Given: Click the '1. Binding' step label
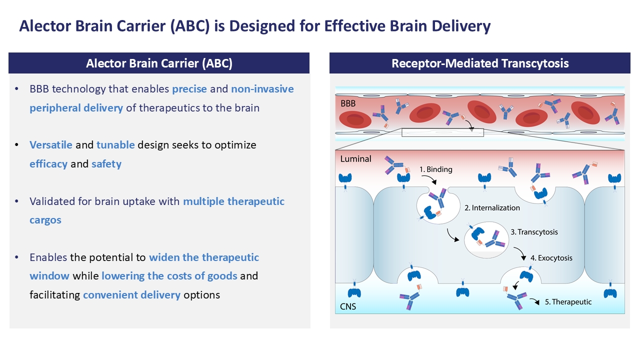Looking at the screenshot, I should click(436, 169).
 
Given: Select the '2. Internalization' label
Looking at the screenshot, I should click(492, 207).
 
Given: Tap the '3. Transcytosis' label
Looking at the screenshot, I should click(534, 232).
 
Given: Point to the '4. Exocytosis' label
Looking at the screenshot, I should click(551, 258).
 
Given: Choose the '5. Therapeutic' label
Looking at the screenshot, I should click(568, 302).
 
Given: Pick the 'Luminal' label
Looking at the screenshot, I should click(355, 159).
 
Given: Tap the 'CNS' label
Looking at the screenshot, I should click(348, 306).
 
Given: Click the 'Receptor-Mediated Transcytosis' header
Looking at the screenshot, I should click(480, 63).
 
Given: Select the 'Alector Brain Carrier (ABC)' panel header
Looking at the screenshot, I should click(159, 63).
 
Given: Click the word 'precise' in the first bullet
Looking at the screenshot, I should click(189, 89).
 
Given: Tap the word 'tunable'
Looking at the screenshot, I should click(115, 145).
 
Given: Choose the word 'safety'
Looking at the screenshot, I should click(106, 164).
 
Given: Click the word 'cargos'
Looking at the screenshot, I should click(45, 220).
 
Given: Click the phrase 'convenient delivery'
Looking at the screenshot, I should click(131, 295).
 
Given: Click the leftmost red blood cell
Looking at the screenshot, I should click(355, 119).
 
